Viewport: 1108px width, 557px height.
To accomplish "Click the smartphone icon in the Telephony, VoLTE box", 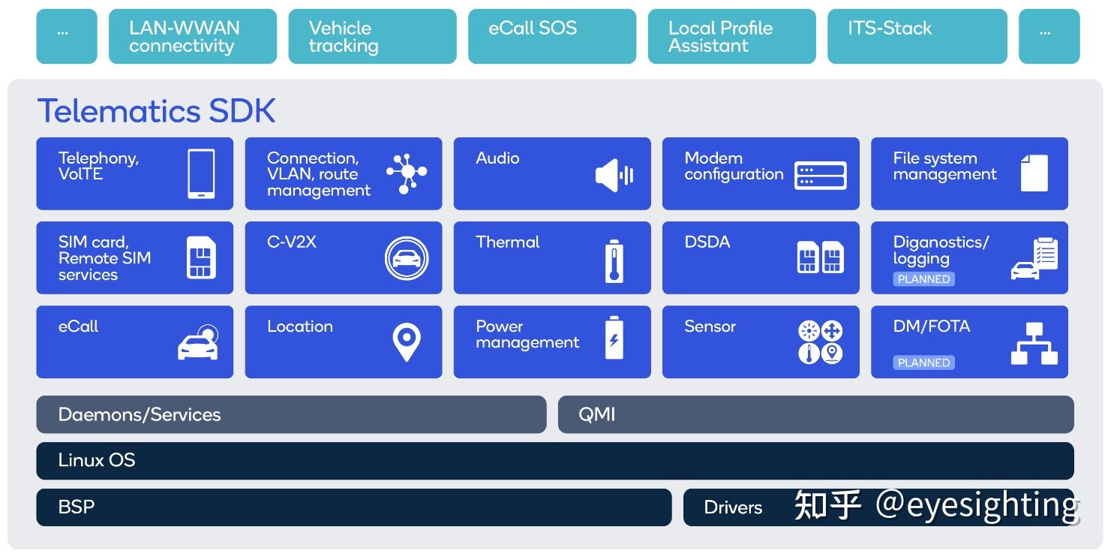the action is [201, 174].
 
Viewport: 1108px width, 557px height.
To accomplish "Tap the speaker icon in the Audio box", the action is [614, 175].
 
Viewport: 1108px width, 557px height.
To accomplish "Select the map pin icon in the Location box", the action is [407, 342].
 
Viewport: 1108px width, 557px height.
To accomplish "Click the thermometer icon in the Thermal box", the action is [614, 261].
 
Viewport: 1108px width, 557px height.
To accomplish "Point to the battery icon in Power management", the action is [614, 337].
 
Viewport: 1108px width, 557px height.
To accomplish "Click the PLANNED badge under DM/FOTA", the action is [923, 363].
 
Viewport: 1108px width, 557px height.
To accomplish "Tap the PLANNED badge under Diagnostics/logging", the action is [923, 278].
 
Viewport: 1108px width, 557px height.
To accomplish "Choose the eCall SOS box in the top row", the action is [552, 36].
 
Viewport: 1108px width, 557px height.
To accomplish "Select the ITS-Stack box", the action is [917, 36].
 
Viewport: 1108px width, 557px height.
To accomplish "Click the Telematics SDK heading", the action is [156, 110].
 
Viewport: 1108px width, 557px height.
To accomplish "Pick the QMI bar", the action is [815, 414].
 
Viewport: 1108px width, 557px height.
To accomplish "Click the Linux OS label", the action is [97, 460].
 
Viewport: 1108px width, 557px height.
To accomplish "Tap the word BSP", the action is [77, 507].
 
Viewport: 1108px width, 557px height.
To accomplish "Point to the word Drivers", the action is [733, 507].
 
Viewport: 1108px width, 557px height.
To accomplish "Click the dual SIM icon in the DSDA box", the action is [821, 257].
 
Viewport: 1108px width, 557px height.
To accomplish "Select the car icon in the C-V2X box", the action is [407, 258].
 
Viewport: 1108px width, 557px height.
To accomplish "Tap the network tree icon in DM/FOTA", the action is [1034, 344].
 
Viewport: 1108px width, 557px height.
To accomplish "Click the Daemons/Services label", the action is [140, 414].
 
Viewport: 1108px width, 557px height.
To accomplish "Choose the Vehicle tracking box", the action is [373, 36].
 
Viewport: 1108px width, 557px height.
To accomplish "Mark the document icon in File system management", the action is [1034, 173].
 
